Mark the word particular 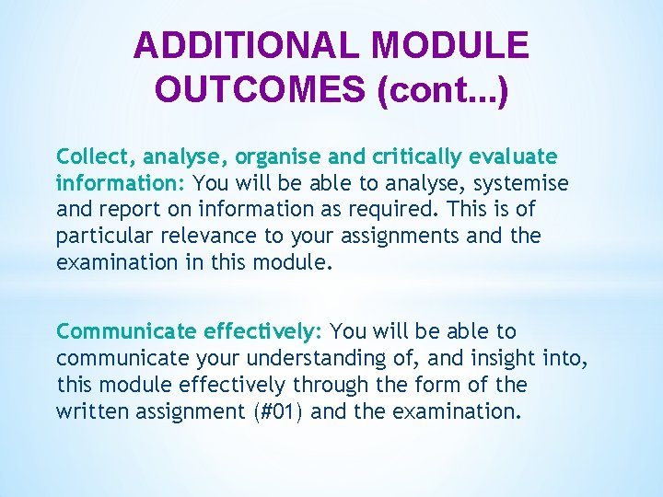[x=99, y=236]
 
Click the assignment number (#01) [x=282, y=410]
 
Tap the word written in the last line [x=91, y=410]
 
